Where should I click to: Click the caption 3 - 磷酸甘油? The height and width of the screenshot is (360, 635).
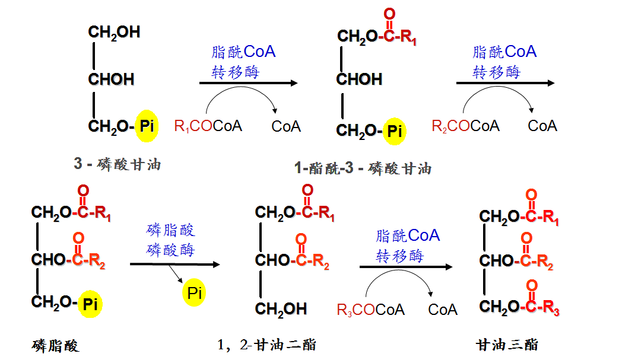(117, 164)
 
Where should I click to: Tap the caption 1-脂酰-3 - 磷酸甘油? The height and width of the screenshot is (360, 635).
(362, 168)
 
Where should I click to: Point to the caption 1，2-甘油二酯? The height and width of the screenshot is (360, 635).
(266, 345)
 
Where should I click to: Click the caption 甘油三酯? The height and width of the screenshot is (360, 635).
(507, 345)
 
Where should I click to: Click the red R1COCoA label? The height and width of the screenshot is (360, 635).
(208, 126)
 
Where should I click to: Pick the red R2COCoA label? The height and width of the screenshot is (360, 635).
(465, 126)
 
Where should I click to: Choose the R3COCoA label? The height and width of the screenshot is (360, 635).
(370, 310)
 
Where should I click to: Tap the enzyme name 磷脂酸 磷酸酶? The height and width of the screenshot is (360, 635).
(171, 240)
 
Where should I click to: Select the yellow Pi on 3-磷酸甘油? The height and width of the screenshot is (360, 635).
(147, 126)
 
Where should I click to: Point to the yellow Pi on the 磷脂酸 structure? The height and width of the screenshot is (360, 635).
(90, 304)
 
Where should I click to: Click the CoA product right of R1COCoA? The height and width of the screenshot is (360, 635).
(286, 126)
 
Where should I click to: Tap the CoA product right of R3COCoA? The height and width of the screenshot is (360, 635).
(443, 310)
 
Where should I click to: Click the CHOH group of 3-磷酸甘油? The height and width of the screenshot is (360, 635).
(111, 79)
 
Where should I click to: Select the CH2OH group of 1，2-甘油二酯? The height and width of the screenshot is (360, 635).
(281, 308)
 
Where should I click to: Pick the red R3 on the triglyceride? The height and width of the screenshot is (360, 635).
(550, 308)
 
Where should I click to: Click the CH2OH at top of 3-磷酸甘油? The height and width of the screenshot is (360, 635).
(114, 33)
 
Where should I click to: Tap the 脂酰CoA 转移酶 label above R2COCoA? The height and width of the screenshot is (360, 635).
(504, 62)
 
